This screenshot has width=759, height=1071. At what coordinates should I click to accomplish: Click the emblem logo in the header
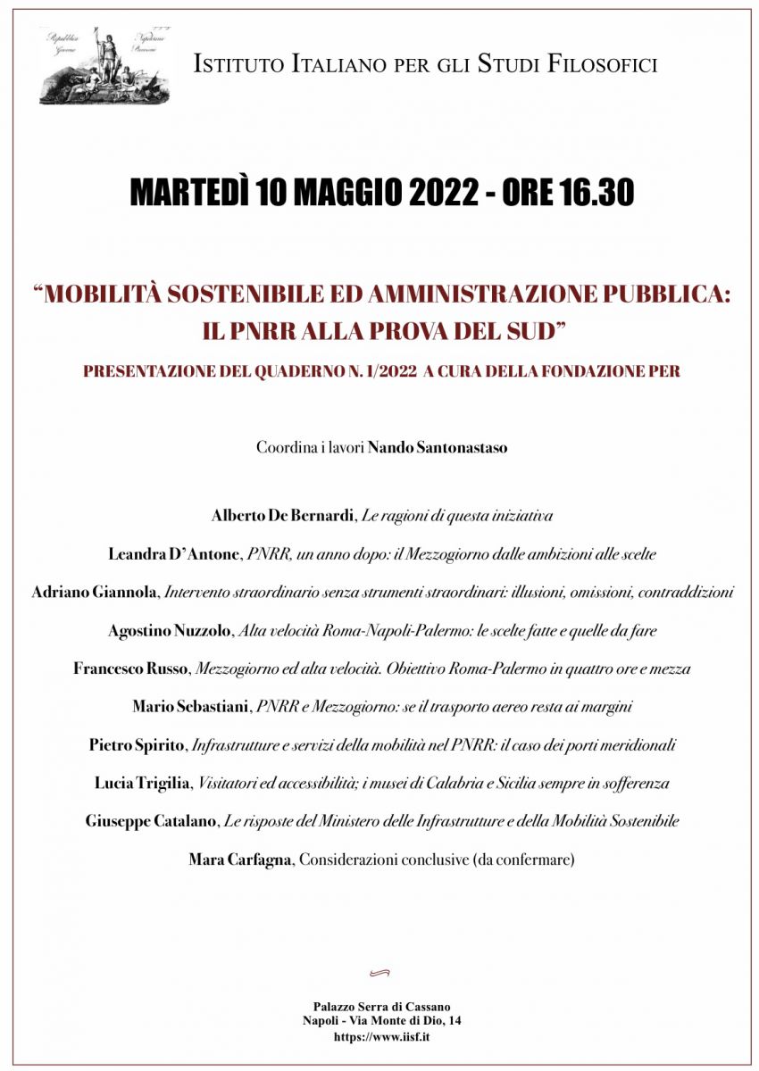105,65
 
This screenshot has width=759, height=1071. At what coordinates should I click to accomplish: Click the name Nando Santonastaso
438,448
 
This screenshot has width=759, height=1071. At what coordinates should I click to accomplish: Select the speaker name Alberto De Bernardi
284,516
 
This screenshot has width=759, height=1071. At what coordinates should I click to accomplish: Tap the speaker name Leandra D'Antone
174,554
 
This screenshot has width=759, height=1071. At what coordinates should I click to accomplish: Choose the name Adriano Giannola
95,592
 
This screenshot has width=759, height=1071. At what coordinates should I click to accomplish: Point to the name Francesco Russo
130,668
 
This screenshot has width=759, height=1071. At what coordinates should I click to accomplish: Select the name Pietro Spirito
139,745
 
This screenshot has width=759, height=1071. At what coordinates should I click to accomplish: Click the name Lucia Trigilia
143,784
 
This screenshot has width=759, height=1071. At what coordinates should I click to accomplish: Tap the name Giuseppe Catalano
152,822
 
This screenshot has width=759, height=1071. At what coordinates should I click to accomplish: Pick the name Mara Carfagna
240,860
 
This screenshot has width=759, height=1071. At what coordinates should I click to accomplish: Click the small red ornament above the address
379,973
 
